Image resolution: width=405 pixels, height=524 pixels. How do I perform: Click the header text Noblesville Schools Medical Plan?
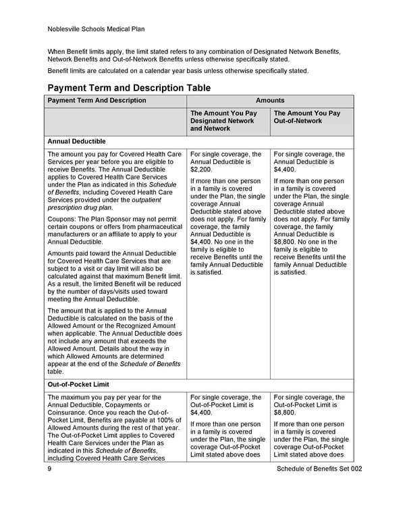[97, 29]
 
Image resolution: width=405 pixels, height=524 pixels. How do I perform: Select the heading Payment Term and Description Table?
[128, 88]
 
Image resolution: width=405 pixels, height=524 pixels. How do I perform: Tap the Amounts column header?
[270, 101]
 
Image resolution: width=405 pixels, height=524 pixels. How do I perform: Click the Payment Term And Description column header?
[97, 101]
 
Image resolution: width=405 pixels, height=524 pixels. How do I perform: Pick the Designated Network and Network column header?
[223, 121]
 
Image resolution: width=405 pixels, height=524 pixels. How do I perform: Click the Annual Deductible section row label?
[77, 142]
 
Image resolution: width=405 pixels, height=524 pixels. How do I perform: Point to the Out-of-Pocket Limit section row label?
[78, 384]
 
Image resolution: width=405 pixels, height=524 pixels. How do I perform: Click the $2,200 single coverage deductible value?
[201, 171]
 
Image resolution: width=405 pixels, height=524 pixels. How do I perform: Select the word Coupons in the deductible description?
[63, 218]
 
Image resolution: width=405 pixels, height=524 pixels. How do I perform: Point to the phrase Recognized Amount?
[147, 326]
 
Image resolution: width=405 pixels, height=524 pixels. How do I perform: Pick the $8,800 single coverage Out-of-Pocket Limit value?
[286, 412]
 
